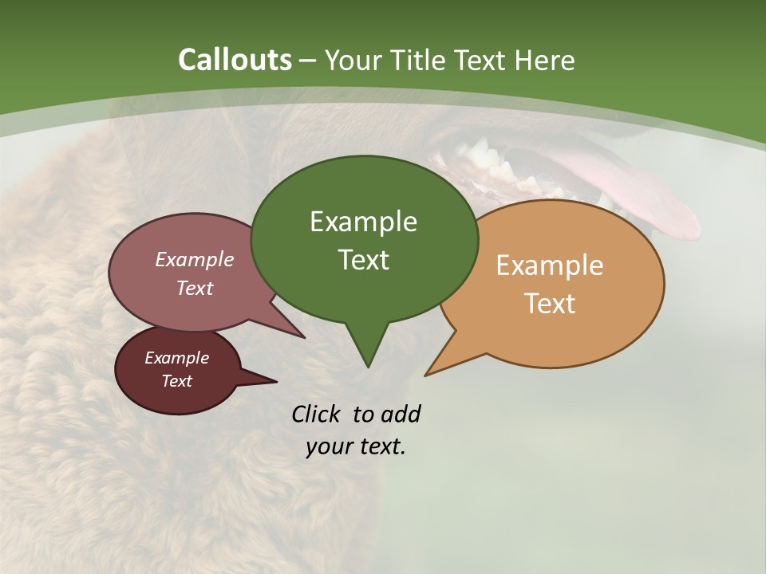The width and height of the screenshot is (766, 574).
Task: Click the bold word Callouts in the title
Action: [235, 61]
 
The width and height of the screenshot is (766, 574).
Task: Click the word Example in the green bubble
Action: [363, 222]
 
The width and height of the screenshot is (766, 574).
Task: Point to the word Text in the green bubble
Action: [363, 260]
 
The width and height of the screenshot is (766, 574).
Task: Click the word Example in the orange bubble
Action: [550, 265]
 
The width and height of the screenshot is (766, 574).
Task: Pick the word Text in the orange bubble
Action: [550, 304]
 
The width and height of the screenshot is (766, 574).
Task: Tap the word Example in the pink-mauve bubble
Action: [195, 260]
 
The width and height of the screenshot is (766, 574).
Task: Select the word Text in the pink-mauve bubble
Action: [195, 289]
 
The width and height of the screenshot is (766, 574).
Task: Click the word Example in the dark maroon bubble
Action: [176, 358]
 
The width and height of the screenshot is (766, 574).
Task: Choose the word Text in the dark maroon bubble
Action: [176, 381]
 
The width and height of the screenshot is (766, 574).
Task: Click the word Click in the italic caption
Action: [317, 415]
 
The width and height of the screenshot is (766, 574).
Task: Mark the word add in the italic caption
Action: [401, 415]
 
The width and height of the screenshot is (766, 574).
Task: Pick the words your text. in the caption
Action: [356, 447]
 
